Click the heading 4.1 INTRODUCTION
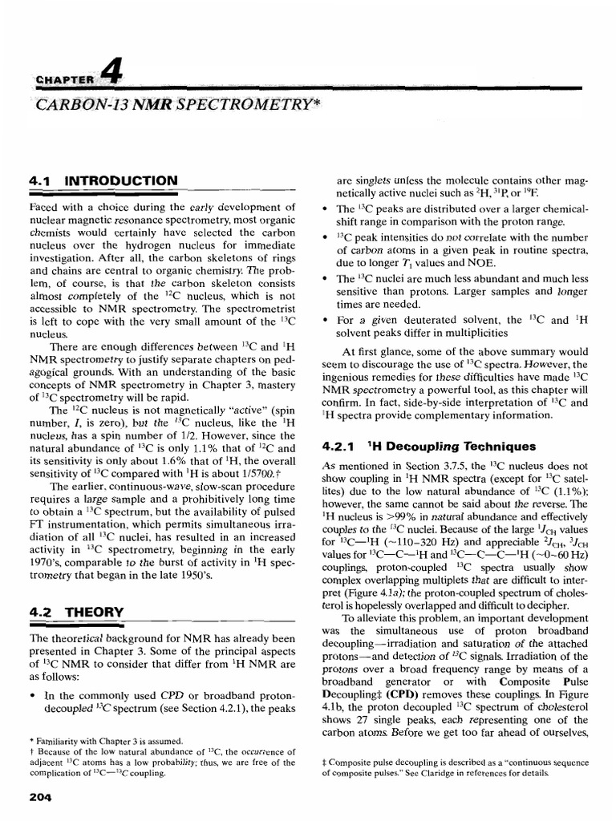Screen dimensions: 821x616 pos(103,181)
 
